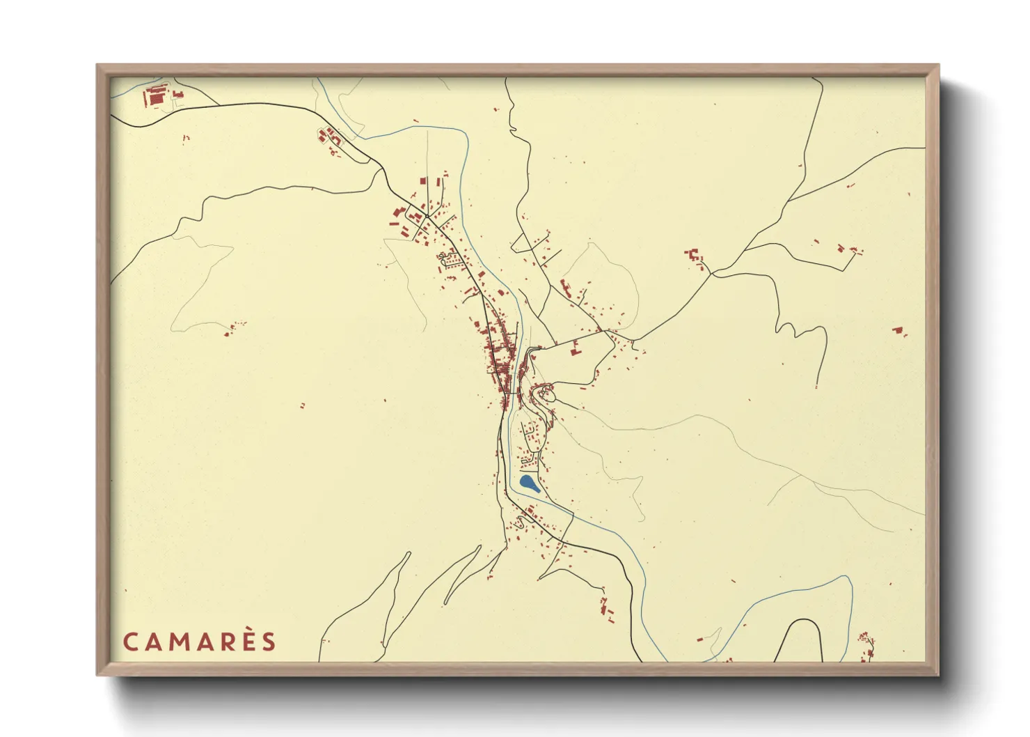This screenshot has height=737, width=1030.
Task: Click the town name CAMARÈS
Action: pyautogui.click(x=200, y=642)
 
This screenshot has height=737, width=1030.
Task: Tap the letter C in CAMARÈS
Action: pyautogui.click(x=130, y=642)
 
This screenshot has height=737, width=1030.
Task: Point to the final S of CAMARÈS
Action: pyautogui.click(x=269, y=642)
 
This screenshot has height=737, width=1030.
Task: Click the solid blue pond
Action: pyautogui.click(x=529, y=482)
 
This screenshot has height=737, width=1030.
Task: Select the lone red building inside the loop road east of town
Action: pyautogui.click(x=575, y=350)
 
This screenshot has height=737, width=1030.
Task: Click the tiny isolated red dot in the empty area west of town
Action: pyautogui.click(x=302, y=405)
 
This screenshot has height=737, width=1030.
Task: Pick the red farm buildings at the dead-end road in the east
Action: pyautogui.click(x=849, y=249)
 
